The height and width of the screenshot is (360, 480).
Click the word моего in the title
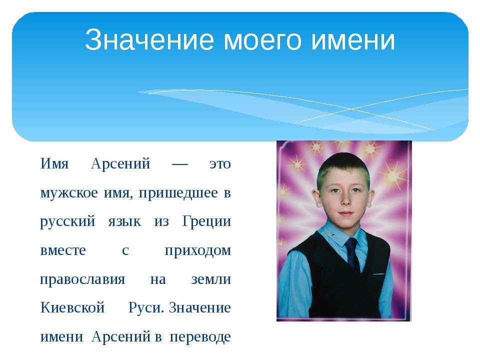[262, 40]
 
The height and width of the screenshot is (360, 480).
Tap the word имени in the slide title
[353, 40]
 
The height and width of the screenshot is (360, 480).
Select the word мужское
[69, 193]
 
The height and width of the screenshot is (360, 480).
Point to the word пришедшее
[178, 193]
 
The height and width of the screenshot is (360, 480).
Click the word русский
[67, 222]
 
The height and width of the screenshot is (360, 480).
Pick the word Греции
[206, 221]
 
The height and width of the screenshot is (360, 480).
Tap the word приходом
[198, 251]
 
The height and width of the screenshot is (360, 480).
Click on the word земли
[211, 279]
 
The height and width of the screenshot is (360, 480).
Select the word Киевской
[72, 307]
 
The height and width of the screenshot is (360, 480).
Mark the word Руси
[145, 308]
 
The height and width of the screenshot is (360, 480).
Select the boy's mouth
[346, 213]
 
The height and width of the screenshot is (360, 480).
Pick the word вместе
[63, 251]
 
